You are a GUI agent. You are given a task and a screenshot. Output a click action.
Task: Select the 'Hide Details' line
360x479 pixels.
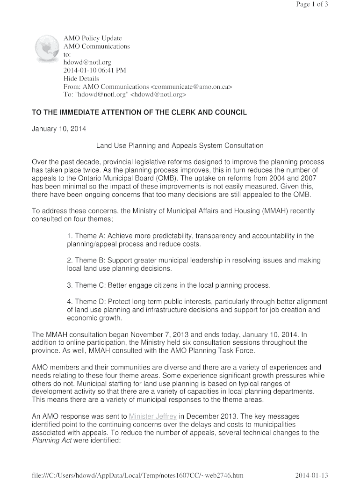click(x=81, y=79)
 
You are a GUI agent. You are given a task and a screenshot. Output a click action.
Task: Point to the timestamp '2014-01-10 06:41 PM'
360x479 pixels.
click(x=95, y=70)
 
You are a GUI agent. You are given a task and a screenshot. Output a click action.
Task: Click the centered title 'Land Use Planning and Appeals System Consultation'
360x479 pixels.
click(x=180, y=145)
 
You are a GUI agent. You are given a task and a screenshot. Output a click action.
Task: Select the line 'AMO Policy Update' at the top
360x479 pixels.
click(x=93, y=38)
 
